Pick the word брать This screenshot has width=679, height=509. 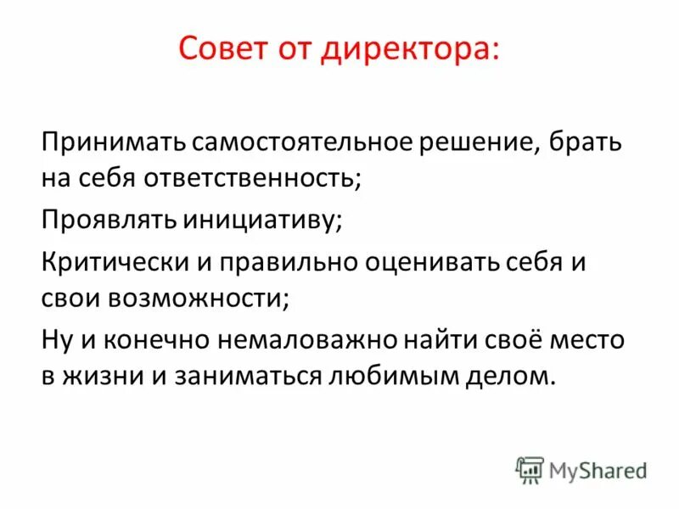(x=593, y=142)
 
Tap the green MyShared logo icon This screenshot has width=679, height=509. (x=530, y=469)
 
